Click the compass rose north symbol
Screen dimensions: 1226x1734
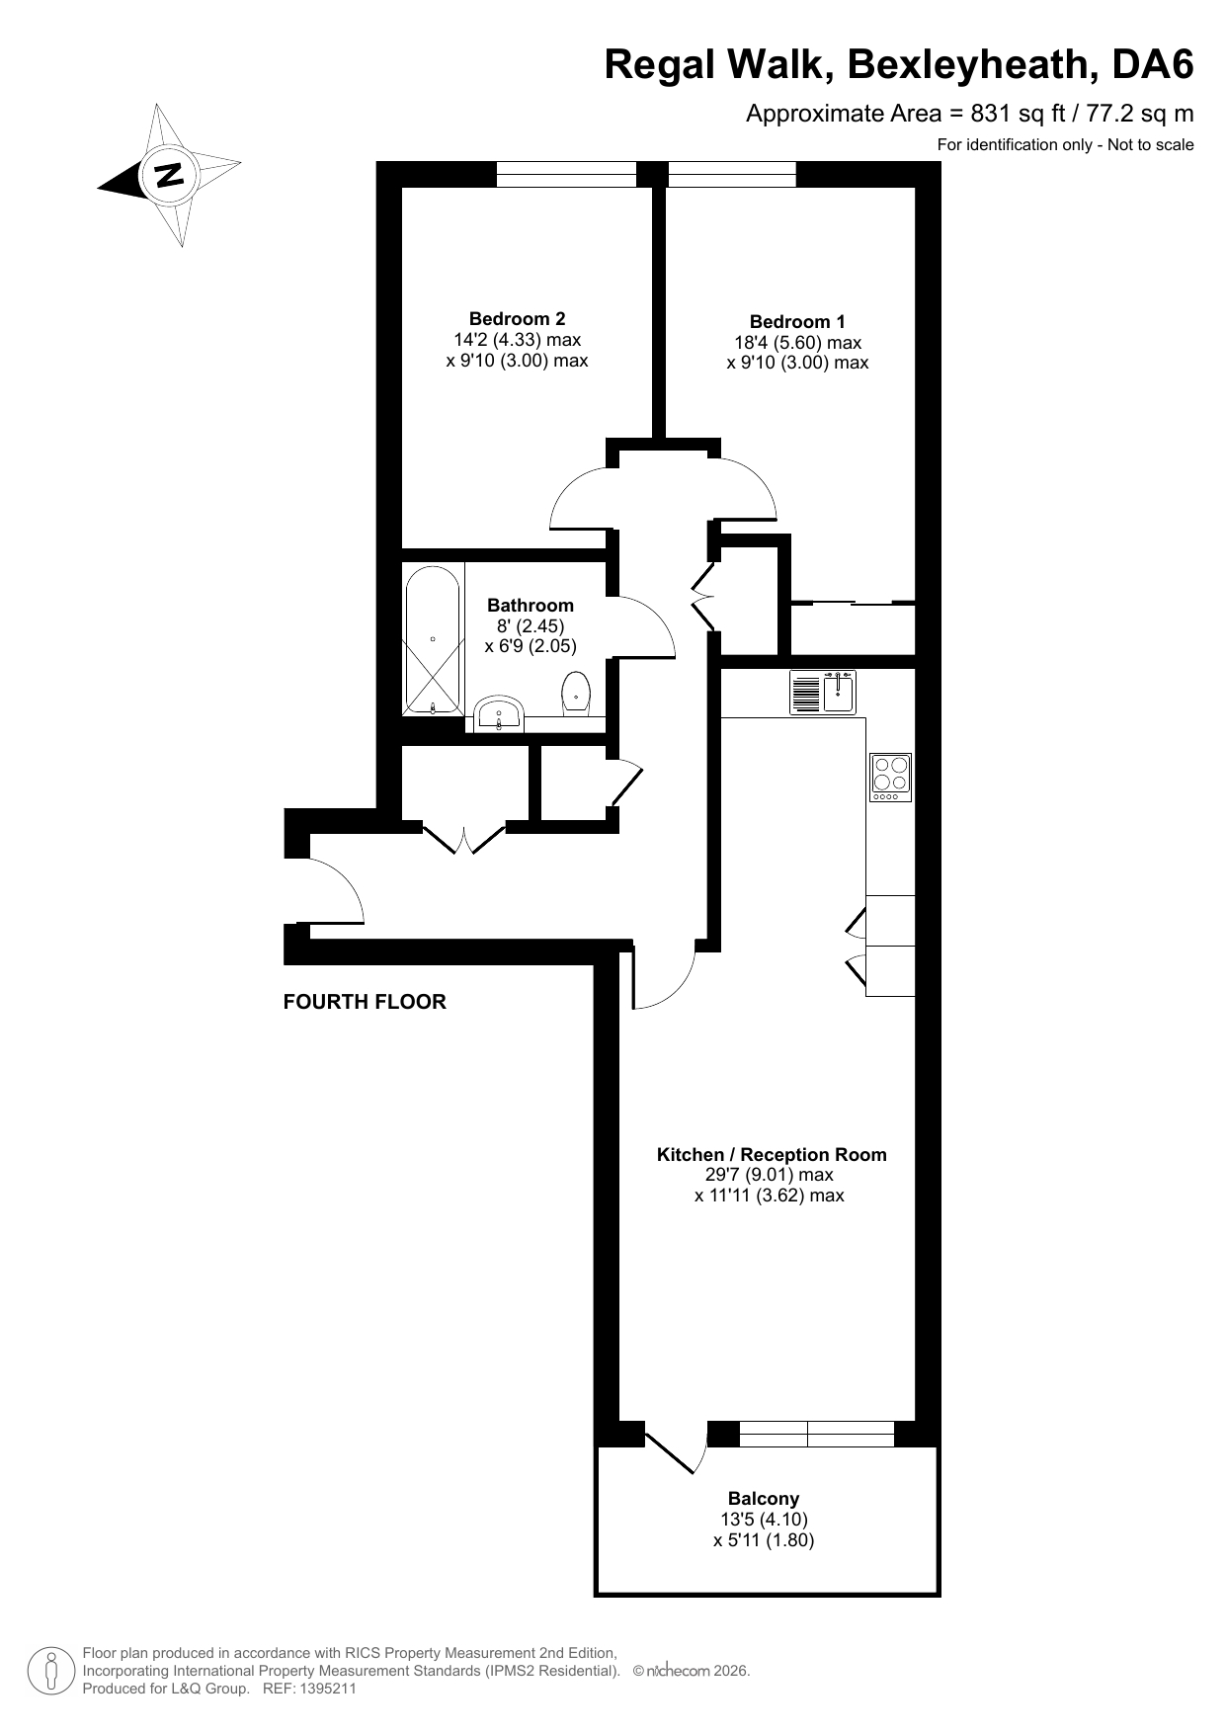point(170,175)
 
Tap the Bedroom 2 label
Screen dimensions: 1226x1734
point(517,318)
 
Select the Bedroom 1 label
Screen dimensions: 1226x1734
point(797,321)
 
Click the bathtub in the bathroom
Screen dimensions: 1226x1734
point(433,640)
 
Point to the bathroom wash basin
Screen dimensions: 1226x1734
point(500,712)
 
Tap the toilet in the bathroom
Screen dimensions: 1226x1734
point(576,692)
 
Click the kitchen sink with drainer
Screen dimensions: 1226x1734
point(823,692)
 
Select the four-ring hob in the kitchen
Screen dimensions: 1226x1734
point(890,778)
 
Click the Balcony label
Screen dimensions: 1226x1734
point(764,1498)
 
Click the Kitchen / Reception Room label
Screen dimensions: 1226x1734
point(772,1154)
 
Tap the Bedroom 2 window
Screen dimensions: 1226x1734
point(566,174)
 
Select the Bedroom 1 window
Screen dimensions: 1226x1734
point(732,174)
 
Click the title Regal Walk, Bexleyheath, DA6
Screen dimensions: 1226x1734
point(899,65)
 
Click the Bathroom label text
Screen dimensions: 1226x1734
point(531,605)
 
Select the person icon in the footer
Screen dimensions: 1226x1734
point(50,1671)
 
